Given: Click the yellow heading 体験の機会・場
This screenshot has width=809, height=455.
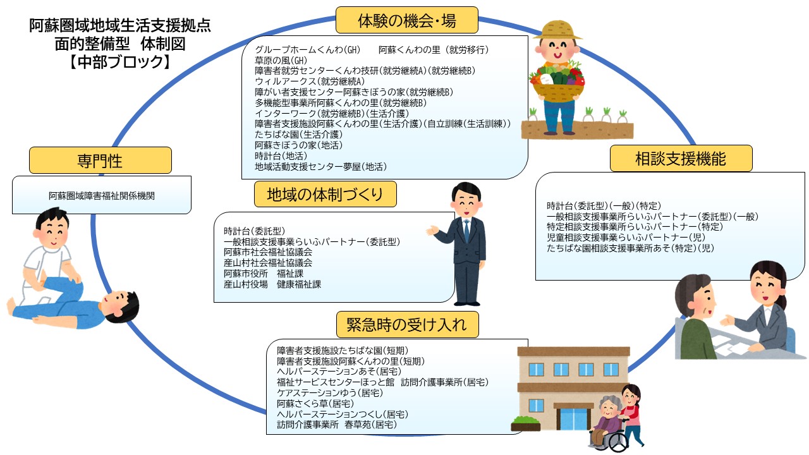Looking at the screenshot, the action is click(x=406, y=20).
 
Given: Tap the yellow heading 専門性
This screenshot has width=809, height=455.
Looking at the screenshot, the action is click(x=100, y=161).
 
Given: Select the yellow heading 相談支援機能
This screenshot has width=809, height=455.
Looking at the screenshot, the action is click(x=681, y=159).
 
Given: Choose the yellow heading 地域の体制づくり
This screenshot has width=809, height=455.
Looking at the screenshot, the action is click(x=325, y=194).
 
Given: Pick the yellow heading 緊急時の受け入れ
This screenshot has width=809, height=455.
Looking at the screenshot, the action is click(x=407, y=325).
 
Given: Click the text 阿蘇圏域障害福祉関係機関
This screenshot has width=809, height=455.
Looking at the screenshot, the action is click(x=102, y=196).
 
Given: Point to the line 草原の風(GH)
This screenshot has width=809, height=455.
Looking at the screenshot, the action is click(x=281, y=60).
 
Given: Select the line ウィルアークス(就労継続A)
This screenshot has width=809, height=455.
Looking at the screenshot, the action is click(x=310, y=82).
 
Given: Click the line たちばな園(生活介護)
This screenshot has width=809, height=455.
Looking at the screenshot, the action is click(x=298, y=135).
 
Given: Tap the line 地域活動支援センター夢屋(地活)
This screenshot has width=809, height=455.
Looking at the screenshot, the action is click(x=320, y=166).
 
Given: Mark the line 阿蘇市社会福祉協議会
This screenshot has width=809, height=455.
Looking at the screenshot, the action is click(x=268, y=252).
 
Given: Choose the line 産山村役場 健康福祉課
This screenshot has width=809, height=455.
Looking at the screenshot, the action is click(x=272, y=284).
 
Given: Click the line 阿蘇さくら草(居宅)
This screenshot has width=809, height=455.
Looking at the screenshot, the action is click(x=315, y=403).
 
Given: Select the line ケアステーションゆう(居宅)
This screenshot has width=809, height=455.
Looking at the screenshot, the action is click(x=330, y=392).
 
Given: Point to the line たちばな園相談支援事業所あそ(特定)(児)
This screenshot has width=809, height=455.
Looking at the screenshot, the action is click(x=630, y=248).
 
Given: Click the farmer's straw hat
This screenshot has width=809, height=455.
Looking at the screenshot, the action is click(x=558, y=30).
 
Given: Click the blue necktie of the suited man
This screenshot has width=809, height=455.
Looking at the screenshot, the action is click(x=466, y=231).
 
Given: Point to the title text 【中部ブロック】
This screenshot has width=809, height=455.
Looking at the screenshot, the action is click(x=119, y=62).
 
